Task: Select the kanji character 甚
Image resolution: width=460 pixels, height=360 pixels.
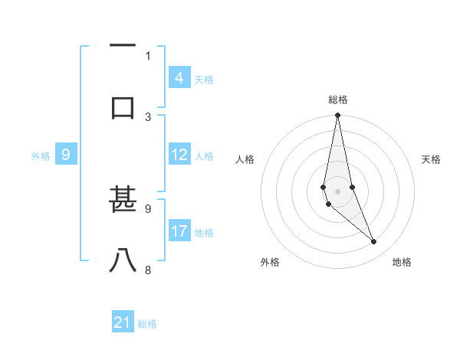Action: [123, 200]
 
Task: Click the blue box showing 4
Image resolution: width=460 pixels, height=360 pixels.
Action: [179, 77]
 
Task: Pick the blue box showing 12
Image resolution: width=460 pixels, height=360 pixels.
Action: [179, 155]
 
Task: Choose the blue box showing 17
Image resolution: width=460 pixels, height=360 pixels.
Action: [179, 231]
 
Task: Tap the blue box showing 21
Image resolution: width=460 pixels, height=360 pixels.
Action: [123, 322]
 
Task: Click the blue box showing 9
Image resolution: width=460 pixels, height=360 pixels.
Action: [66, 155]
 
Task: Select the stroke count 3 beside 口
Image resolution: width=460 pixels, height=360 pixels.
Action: [149, 116]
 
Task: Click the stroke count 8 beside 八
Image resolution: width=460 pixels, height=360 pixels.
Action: [149, 270]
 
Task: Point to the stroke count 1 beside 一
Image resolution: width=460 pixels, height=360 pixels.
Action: [149, 55]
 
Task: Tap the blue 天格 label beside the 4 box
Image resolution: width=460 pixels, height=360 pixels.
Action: [204, 79]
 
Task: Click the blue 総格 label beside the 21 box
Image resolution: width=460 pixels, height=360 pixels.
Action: [147, 324]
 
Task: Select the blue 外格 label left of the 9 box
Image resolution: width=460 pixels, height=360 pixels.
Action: [41, 156]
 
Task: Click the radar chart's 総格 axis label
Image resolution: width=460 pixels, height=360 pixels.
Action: [337, 100]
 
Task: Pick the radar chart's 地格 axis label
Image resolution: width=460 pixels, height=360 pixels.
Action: [402, 262]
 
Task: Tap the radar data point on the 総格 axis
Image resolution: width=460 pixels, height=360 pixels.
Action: [337, 116]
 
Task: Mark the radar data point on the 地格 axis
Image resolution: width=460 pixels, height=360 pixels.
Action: [374, 242]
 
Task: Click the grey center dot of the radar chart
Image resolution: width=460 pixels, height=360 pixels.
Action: [337, 191]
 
